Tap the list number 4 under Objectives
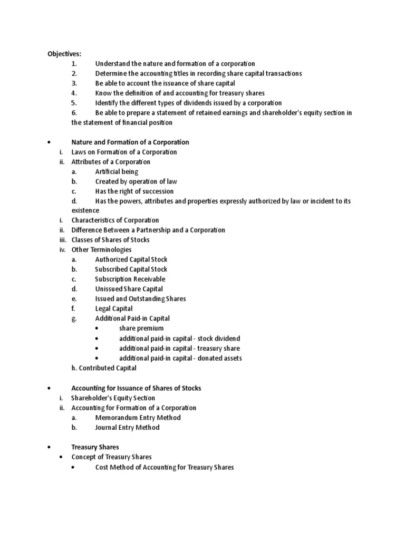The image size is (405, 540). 74,93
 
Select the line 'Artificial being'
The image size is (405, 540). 117,171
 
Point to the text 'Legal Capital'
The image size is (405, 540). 114,308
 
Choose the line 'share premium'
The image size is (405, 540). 141,328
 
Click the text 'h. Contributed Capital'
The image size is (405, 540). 104,368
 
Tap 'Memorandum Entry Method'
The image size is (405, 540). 138,418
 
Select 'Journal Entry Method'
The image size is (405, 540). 127,428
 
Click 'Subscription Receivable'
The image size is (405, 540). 130,279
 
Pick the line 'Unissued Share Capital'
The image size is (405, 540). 129,289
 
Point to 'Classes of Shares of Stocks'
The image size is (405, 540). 110,240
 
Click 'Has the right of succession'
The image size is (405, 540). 134,191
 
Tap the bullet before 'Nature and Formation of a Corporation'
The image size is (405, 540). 48,142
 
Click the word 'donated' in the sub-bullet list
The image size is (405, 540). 208,358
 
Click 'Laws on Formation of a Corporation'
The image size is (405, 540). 124,152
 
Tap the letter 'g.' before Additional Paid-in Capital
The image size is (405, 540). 75,319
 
